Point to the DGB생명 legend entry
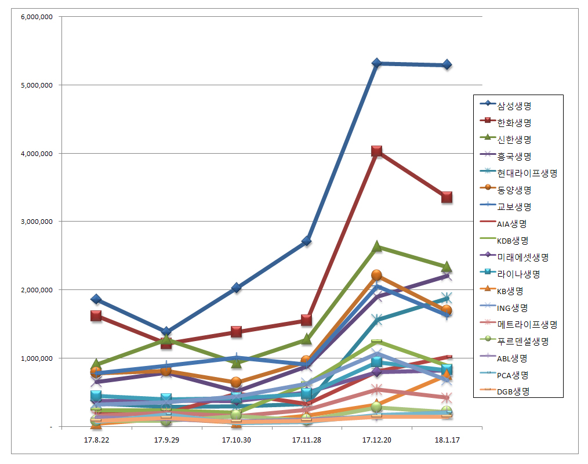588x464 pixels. tap(513, 391)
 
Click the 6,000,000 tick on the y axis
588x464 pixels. tap(37, 17)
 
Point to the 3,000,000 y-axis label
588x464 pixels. tap(37, 222)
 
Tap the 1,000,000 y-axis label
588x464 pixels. tap(37, 358)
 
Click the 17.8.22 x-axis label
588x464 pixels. tap(96, 440)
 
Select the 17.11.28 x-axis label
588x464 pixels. tap(306, 440)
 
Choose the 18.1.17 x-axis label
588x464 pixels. tap(447, 440)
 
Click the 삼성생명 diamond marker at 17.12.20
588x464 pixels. tap(376, 63)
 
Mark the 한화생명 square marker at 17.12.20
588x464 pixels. tap(376, 152)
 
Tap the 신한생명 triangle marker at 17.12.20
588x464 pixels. tap(376, 246)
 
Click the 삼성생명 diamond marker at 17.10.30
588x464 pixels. tap(237, 288)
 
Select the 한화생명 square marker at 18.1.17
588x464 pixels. tap(447, 197)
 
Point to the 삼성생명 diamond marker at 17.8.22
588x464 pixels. tap(96, 299)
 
